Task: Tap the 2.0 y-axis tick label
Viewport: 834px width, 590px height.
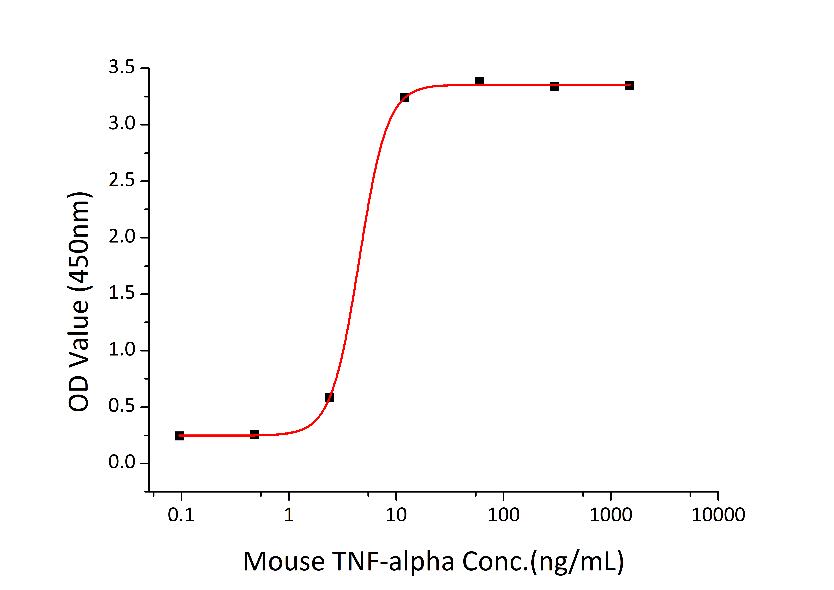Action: pos(122,237)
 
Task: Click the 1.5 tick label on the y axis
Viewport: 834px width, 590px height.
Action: pos(122,293)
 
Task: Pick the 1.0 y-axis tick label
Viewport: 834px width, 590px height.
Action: pos(122,350)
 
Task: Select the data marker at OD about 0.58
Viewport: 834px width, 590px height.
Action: pos(329,397)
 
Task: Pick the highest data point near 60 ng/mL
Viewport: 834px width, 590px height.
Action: pos(480,81)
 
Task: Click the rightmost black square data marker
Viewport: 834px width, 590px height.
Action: pos(630,86)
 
